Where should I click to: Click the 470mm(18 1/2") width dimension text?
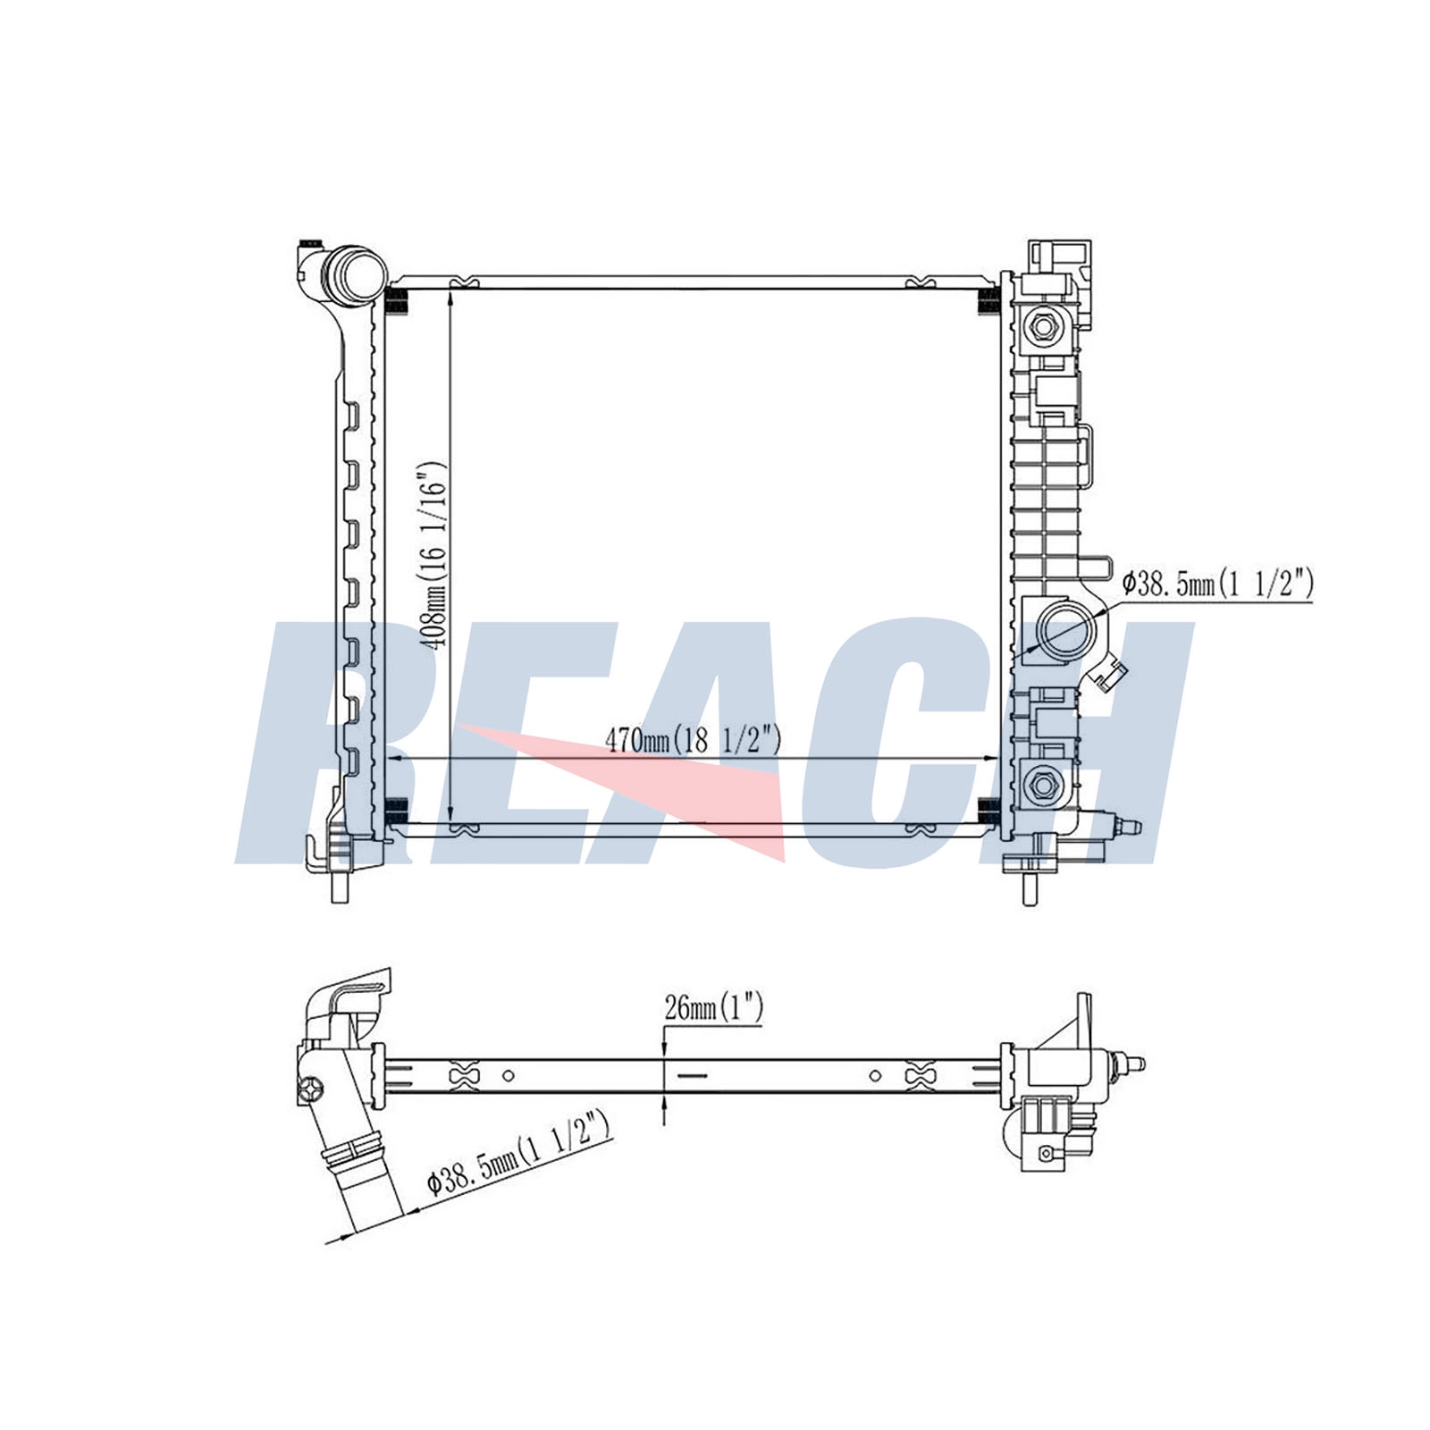[x=694, y=740]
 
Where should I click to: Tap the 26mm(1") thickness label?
[x=714, y=1009]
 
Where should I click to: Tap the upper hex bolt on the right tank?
[x=1041, y=327]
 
